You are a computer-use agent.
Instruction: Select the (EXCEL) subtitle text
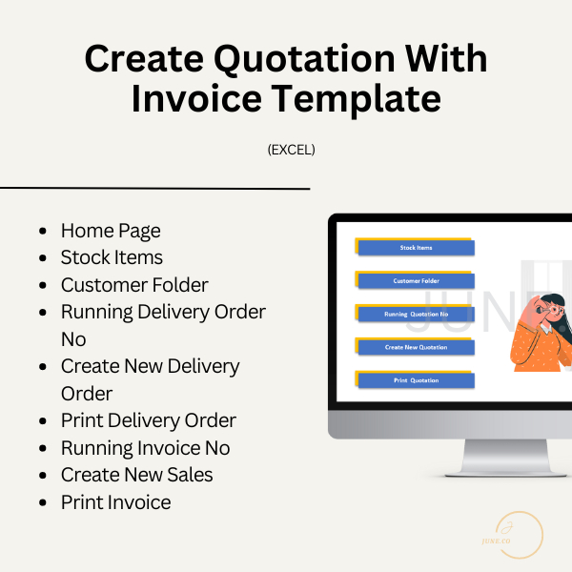coord(292,150)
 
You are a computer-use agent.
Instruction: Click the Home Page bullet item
coord(111,231)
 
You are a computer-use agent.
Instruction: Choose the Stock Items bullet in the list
coord(112,257)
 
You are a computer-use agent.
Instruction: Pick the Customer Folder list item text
coord(134,285)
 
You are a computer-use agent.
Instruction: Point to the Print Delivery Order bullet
coord(149,420)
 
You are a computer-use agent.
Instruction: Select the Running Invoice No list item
coord(145,448)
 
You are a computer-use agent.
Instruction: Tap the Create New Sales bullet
coord(136,475)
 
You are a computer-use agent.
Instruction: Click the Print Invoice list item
coord(115,502)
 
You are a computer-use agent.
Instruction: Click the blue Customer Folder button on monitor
coord(417,281)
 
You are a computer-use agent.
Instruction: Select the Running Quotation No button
coord(417,314)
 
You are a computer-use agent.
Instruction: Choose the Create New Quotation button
coord(417,347)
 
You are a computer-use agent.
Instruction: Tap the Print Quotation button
coord(417,380)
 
